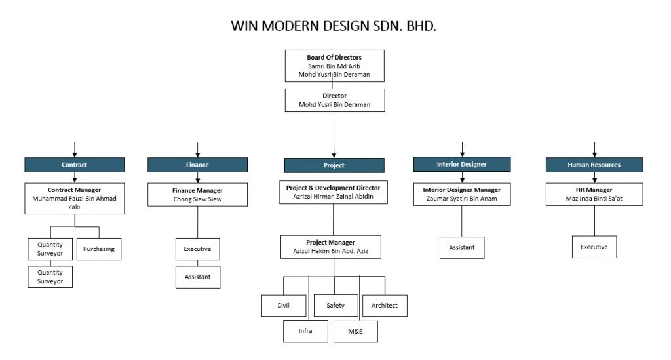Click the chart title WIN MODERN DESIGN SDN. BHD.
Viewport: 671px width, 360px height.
[x=334, y=27]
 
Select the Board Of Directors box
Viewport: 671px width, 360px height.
[x=334, y=66]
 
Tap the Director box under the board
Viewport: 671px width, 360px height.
[x=334, y=100]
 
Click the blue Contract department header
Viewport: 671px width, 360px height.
[x=74, y=165]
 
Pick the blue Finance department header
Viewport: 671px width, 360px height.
[x=197, y=165]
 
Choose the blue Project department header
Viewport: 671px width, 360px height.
[x=334, y=165]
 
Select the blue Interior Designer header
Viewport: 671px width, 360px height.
[x=462, y=164]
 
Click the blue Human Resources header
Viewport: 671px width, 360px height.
[x=594, y=165]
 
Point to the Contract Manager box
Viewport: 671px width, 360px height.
[x=74, y=197]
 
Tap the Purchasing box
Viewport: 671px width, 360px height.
[x=99, y=249]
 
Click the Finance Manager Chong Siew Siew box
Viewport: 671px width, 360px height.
[x=197, y=195]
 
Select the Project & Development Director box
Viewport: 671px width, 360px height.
[x=334, y=192]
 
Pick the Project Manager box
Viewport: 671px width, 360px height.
[x=331, y=247]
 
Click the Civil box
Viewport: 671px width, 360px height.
[x=283, y=306]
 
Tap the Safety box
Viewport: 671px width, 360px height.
[x=335, y=306]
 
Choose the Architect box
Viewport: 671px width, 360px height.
[x=385, y=306]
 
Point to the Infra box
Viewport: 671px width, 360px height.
[x=305, y=331]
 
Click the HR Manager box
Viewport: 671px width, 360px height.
[x=594, y=194]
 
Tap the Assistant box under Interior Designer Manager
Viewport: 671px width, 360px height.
[x=461, y=248]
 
